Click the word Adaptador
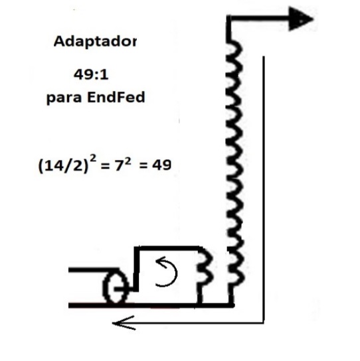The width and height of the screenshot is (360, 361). click(95, 42)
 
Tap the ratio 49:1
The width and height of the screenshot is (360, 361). click(91, 75)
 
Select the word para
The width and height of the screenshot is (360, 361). click(64, 98)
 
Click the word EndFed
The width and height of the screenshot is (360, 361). click(116, 97)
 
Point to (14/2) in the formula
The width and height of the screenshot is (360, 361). click(63, 166)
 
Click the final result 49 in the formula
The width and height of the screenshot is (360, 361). click(162, 165)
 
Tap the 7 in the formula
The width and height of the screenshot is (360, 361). click(119, 165)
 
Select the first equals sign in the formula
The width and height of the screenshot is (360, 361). click(104, 166)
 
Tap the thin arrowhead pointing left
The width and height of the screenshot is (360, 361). click(124, 323)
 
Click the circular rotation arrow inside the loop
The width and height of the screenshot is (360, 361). click(166, 272)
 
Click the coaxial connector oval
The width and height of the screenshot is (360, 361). click(115, 286)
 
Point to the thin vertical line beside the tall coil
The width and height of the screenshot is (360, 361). click(264, 189)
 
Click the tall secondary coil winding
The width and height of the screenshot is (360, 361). click(234, 163)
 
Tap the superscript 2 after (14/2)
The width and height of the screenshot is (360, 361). click(93, 159)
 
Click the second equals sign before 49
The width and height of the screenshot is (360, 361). click(143, 165)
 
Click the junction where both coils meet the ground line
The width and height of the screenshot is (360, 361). click(231, 305)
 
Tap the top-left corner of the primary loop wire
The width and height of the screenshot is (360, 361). click(136, 249)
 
